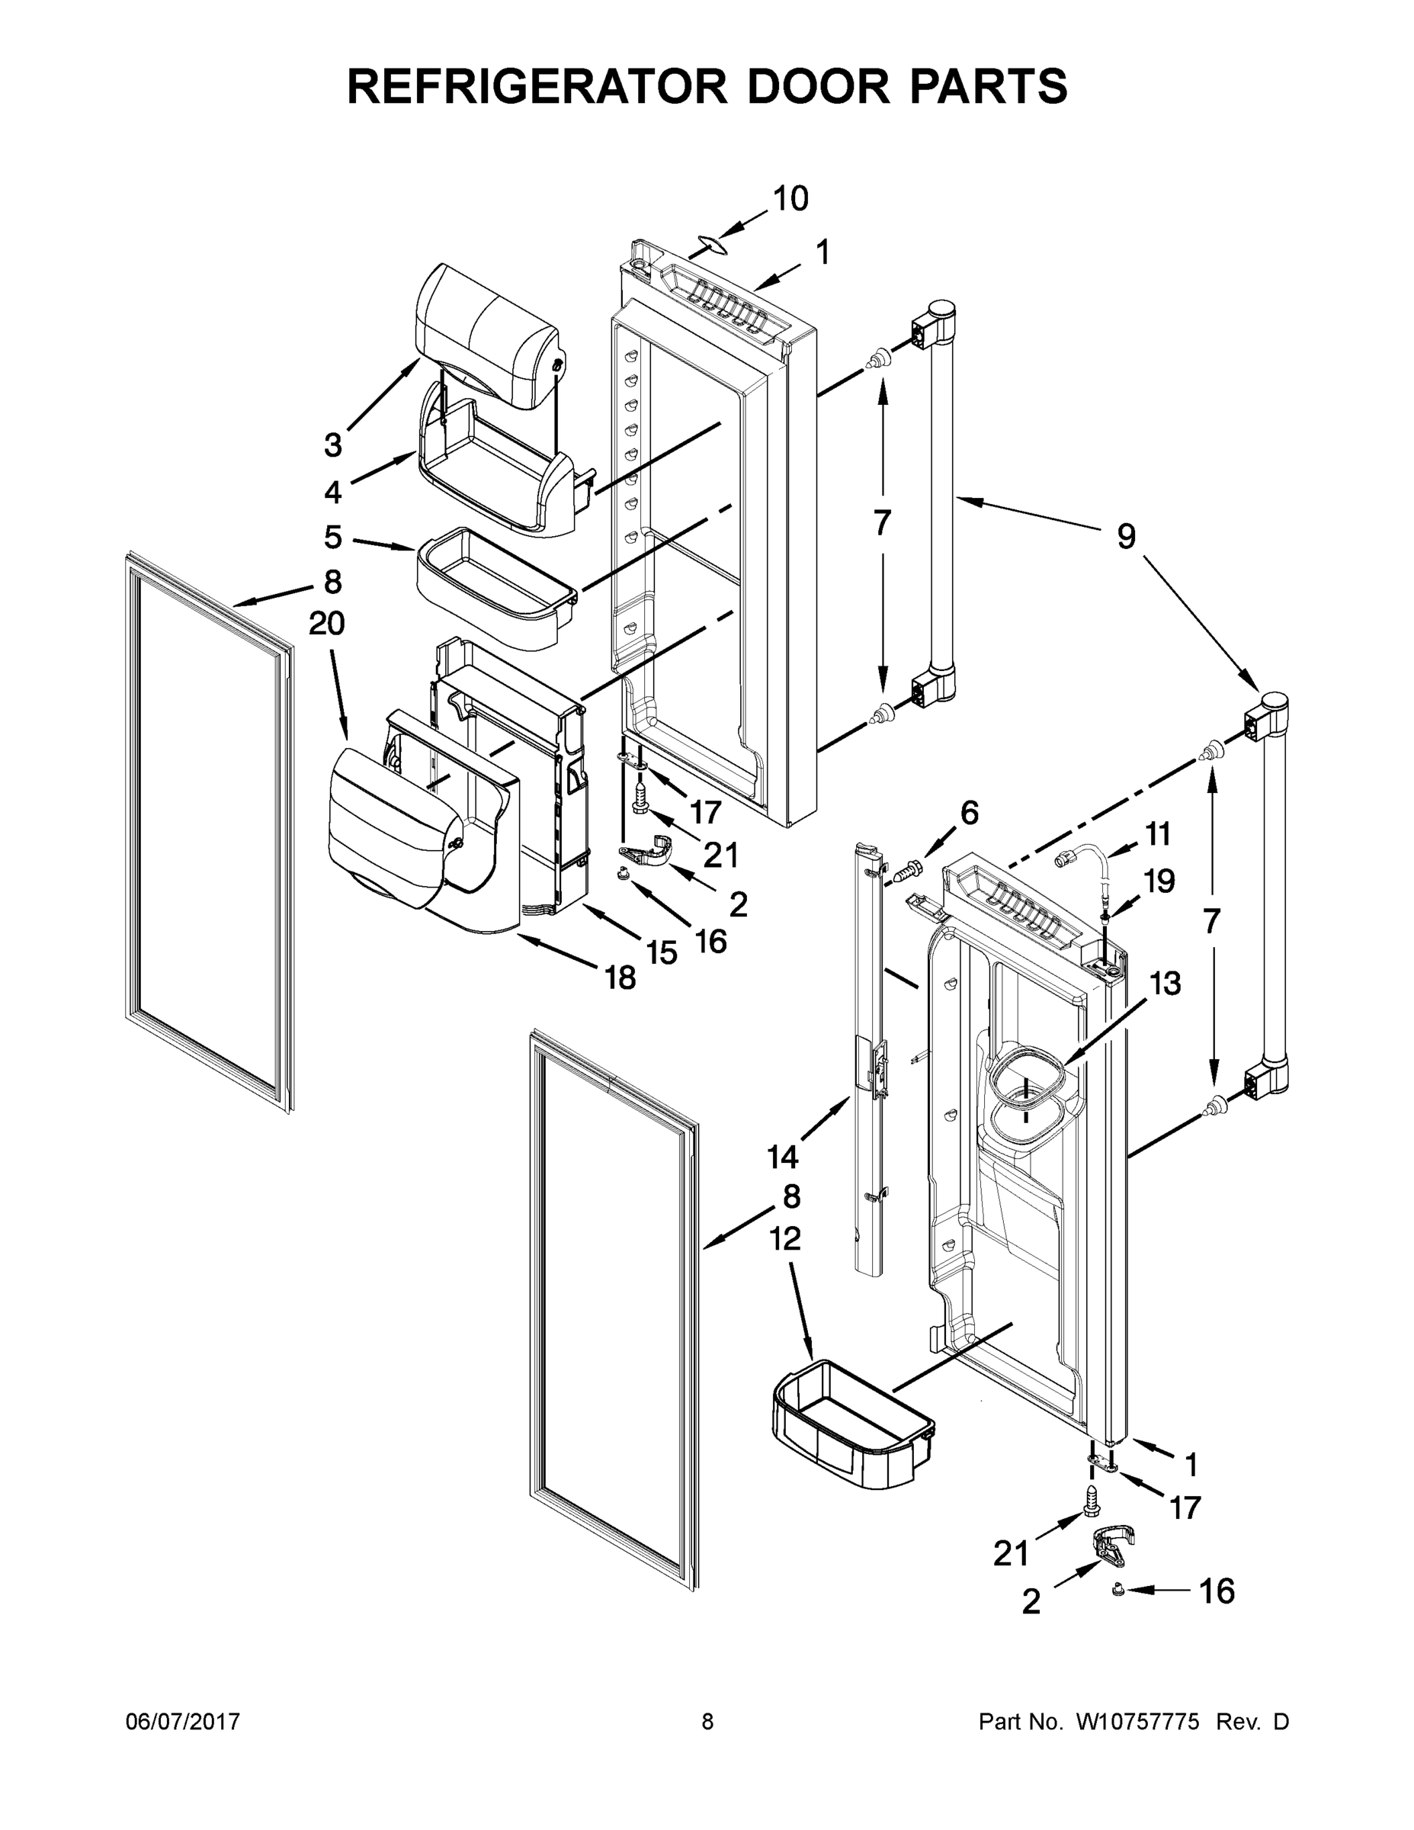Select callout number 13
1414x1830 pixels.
(1165, 983)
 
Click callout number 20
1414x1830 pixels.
(327, 624)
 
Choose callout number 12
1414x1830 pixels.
(785, 1238)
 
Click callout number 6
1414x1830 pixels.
(969, 812)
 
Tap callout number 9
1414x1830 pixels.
(1126, 536)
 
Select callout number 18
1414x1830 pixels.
(620, 977)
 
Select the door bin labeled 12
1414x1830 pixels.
(850, 1424)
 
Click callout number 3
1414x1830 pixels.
(333, 445)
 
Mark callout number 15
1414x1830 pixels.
(662, 952)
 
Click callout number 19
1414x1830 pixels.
(1159, 881)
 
